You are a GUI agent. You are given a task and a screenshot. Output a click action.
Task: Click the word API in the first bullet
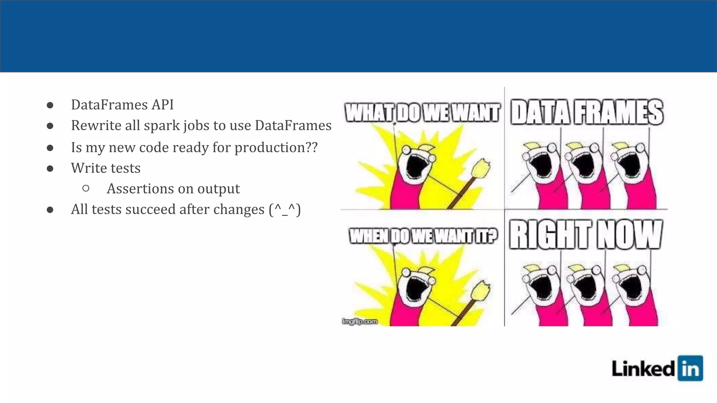[x=162, y=105]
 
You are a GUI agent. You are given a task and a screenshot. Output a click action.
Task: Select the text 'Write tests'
[x=105, y=168]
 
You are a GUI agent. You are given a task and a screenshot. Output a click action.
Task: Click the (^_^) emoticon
[x=285, y=210]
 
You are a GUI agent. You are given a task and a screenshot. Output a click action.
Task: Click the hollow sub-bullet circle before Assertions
[x=86, y=189]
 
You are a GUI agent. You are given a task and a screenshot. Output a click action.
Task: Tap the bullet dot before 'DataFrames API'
[x=50, y=105]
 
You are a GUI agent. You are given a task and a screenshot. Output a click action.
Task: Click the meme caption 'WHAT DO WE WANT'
[x=422, y=113]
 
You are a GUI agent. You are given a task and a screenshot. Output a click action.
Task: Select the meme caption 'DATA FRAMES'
[x=587, y=112]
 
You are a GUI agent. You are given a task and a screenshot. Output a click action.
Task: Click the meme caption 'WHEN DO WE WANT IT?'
[x=423, y=236]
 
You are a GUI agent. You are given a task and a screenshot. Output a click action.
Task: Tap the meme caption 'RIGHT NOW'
[x=586, y=234]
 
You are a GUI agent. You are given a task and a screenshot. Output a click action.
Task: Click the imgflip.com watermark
[x=360, y=321]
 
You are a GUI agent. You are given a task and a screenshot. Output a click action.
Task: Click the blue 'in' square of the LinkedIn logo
[x=690, y=368]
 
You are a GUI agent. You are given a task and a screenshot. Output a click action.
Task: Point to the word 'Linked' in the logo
[x=643, y=369]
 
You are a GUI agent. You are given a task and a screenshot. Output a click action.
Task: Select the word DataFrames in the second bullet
[x=293, y=125]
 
